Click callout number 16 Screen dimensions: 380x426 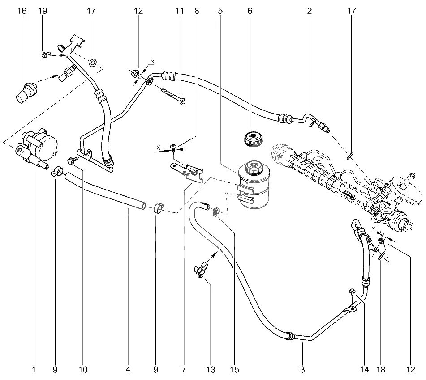(22, 11)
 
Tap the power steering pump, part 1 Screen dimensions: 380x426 (39, 145)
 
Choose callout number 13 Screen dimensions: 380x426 (210, 370)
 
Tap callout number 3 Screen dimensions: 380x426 (302, 370)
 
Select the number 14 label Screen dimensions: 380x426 (364, 370)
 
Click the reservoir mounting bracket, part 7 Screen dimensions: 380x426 (187, 169)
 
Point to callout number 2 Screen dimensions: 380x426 (309, 11)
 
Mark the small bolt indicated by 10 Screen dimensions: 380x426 (70, 160)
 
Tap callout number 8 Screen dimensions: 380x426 (196, 11)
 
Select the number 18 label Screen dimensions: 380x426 (381, 370)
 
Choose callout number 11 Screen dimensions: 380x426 (180, 11)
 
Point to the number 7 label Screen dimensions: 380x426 (184, 370)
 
